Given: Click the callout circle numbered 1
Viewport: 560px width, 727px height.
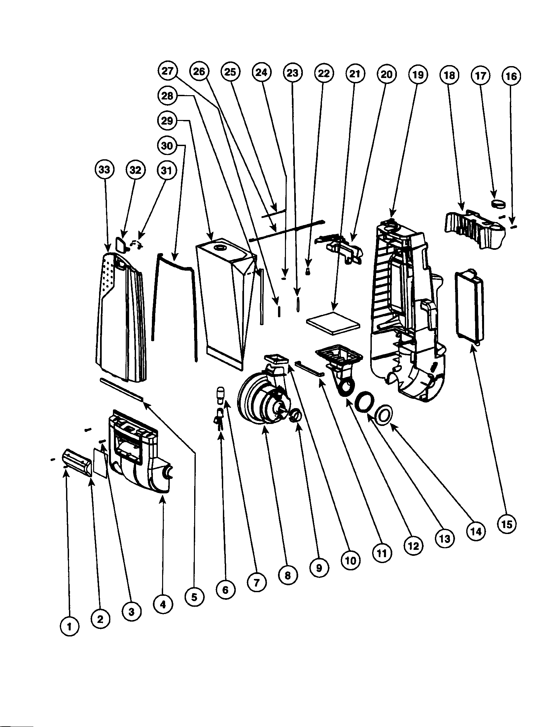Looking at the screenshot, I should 69,627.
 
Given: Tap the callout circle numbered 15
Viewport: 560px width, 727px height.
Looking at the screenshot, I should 506,524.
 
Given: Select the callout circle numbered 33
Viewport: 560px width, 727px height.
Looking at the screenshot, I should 104,170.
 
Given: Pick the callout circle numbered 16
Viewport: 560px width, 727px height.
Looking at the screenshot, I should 511,76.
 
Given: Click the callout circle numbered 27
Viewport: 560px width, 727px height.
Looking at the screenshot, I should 168,71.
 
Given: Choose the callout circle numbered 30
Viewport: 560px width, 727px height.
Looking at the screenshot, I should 167,145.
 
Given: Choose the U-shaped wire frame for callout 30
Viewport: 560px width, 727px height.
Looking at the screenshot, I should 175,300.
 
